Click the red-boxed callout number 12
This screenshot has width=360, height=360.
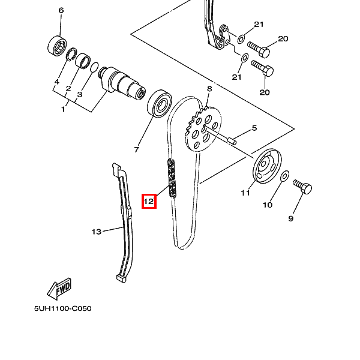point(148,201)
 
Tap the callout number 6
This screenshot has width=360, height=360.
point(61,11)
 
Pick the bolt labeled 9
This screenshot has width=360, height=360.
point(303,188)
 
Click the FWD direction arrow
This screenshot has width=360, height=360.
point(61,289)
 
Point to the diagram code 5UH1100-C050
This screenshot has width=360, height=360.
point(62,308)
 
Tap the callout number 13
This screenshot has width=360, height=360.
point(96,231)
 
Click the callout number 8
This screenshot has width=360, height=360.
point(209,89)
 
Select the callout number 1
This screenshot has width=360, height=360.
point(63,109)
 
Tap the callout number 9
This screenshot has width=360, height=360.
point(290,218)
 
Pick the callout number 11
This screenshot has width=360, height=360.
point(245,193)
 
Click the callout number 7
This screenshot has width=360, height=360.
point(136,149)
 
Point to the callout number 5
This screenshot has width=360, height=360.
point(254,128)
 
